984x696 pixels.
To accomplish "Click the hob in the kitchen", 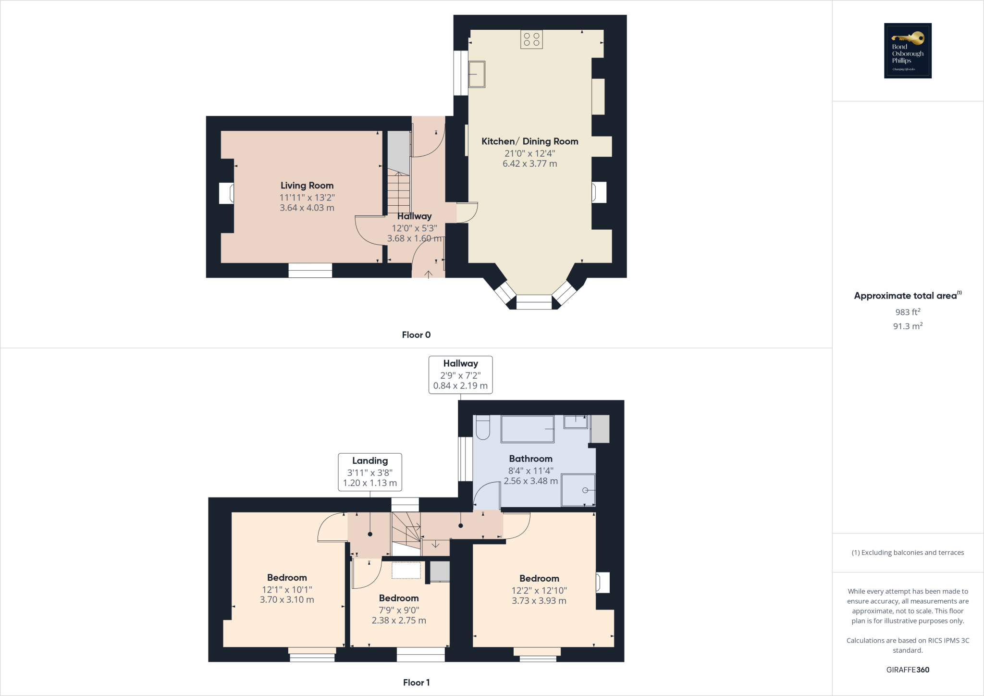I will tap(531, 39).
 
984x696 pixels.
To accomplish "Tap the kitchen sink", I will tap(477, 74).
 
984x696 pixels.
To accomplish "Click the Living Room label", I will tap(307, 186).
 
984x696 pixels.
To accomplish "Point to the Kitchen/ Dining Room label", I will tap(529, 141).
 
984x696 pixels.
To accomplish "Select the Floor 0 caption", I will tap(416, 335).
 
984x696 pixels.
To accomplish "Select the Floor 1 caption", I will tap(416, 683).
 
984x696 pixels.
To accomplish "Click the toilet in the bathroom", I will tap(482, 428).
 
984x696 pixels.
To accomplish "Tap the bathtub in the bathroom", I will tap(528, 429).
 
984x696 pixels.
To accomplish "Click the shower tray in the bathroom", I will tap(578, 490).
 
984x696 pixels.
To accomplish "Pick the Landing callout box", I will tap(370, 472).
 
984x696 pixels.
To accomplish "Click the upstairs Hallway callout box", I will tap(460, 375).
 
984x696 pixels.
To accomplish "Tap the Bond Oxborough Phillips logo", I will tap(908, 50).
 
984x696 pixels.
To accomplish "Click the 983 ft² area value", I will tap(908, 312).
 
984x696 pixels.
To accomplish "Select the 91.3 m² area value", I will tap(908, 326).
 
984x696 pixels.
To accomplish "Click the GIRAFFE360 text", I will tap(908, 670).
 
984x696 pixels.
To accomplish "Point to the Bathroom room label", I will tap(530, 459).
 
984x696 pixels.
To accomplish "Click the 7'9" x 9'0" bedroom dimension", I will tap(399, 610).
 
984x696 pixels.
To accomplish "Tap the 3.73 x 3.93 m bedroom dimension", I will tap(539, 601).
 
